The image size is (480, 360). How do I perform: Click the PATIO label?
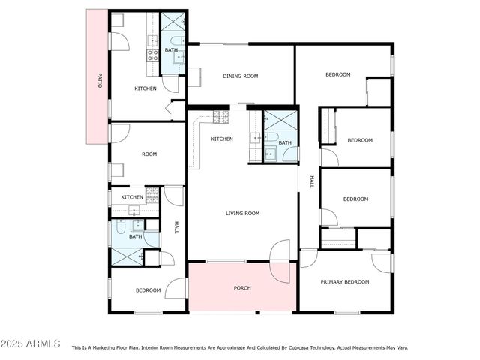click(x=99, y=81)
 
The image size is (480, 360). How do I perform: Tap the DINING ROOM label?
click(x=240, y=76)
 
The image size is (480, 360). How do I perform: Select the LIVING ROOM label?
click(x=242, y=214)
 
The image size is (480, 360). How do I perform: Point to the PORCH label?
click(x=242, y=288)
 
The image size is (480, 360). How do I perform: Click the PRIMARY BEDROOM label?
click(x=345, y=282)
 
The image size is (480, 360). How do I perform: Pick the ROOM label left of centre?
click(x=149, y=154)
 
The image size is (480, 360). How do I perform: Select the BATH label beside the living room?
click(x=285, y=142)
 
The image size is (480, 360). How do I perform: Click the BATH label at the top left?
click(x=171, y=51)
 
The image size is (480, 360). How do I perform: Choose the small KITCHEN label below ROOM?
click(x=131, y=197)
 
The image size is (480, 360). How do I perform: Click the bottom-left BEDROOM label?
click(x=148, y=290)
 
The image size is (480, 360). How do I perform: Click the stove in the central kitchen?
click(x=220, y=117)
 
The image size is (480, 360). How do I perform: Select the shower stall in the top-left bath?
click(x=173, y=21)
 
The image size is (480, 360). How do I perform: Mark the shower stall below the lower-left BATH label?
click(x=126, y=256)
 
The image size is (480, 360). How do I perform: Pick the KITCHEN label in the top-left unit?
click(x=145, y=89)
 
